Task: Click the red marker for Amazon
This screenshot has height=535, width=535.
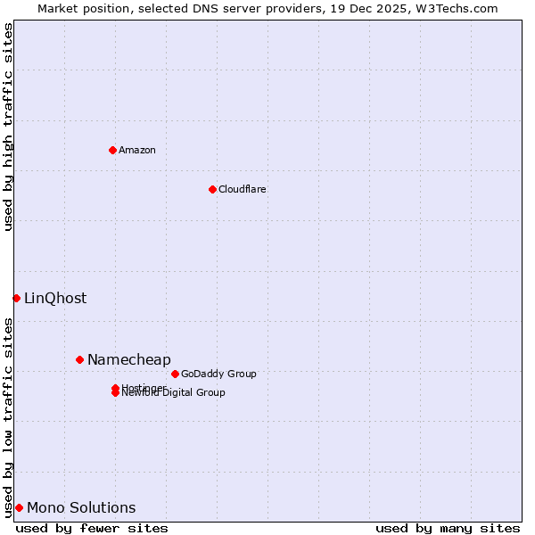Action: point(112,150)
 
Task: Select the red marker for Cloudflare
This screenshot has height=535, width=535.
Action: point(212,189)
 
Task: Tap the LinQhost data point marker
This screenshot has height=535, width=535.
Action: point(16,298)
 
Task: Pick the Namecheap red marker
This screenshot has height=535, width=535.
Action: point(79,359)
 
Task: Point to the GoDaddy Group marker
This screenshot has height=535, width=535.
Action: point(175,374)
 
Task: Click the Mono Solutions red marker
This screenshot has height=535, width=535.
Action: point(19,507)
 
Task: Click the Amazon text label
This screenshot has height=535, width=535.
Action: point(137,150)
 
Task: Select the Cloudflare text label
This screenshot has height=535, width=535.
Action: point(242,189)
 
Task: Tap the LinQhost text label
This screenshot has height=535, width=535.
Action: point(55,299)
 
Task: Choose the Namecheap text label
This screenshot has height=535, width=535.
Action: point(128,359)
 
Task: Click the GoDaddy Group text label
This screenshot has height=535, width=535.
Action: point(218,374)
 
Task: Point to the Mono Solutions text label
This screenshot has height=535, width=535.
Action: point(81,508)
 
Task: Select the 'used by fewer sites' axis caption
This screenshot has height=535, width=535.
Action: point(92,528)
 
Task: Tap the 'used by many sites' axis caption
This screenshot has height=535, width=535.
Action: point(448,528)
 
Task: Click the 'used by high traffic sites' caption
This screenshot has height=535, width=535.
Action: point(9,128)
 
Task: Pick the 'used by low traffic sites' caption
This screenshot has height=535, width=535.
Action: point(9,416)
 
